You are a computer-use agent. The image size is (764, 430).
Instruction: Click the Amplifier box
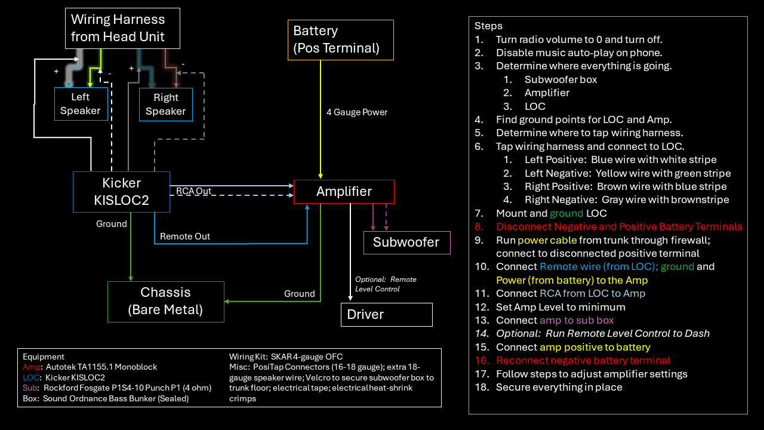(344, 192)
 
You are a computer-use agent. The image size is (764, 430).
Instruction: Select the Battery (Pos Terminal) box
(341, 40)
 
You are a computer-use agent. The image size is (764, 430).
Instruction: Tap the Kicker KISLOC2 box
(121, 192)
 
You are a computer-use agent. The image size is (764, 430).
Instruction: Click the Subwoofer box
(406, 242)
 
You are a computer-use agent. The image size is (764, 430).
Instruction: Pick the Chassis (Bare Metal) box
(165, 302)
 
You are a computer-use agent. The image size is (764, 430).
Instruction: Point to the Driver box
(386, 315)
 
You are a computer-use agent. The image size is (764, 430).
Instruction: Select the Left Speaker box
(81, 104)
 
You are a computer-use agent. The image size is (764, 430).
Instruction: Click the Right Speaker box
(165, 105)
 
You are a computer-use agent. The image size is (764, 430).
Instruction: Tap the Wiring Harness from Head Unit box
(122, 28)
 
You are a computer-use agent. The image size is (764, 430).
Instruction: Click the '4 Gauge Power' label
(356, 112)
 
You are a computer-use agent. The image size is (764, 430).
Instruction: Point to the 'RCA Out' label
(193, 191)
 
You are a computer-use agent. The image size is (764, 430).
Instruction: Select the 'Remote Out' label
(185, 236)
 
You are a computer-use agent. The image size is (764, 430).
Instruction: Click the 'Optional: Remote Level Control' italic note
(386, 284)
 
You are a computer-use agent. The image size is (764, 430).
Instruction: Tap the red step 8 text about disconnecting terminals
(619, 227)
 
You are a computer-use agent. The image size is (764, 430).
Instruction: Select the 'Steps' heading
(488, 26)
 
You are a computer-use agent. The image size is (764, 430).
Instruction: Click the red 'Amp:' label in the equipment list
(32, 367)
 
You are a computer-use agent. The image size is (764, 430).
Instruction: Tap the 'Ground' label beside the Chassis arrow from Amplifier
(299, 294)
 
